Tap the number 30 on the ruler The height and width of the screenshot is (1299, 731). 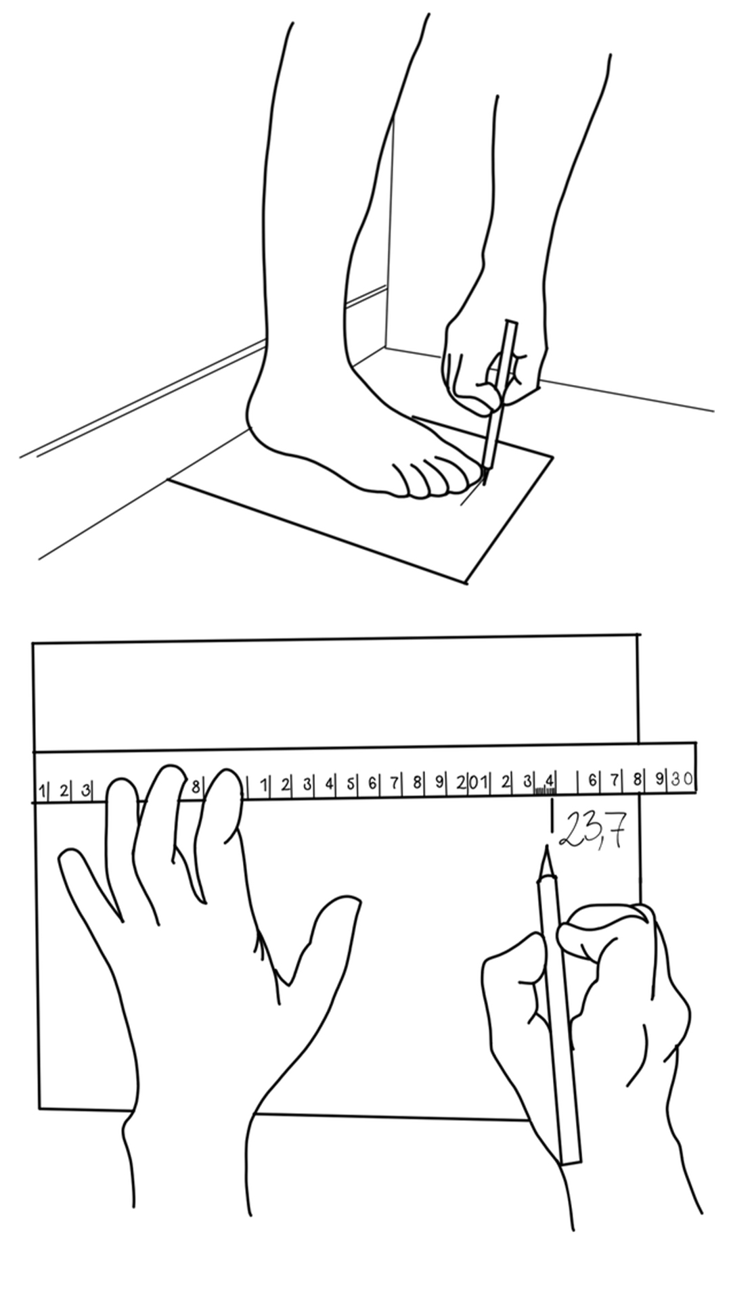(682, 780)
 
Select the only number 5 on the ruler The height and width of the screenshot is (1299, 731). (351, 784)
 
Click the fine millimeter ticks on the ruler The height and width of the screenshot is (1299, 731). (545, 790)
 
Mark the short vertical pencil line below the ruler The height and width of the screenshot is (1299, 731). (553, 815)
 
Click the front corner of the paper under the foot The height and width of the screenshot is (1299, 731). (466, 583)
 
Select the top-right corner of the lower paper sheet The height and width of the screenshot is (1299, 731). (638, 634)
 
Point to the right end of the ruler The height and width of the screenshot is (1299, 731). (697, 767)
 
